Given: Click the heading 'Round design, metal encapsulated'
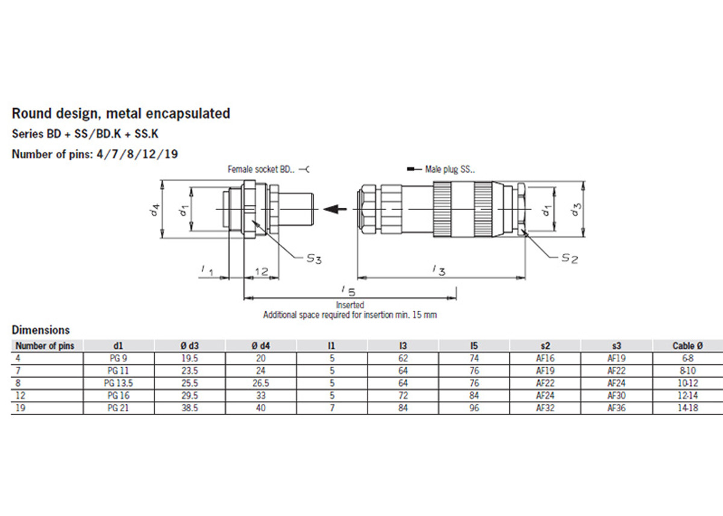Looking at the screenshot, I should [x=120, y=113].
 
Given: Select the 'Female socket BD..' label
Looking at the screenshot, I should [x=262, y=170].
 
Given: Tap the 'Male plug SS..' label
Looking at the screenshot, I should [x=450, y=170].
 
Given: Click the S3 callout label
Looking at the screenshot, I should [x=313, y=259].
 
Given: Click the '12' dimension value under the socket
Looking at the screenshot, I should [x=261, y=272].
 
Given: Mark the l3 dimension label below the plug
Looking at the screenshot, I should [x=439, y=271].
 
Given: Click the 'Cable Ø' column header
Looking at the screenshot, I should [x=687, y=346].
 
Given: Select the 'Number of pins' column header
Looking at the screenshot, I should [x=45, y=346].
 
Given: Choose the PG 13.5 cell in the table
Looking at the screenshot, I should [x=118, y=383].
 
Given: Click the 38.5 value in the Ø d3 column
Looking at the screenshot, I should [x=189, y=408].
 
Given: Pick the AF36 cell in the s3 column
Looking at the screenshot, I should [x=616, y=408].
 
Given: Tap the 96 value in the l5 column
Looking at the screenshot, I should [x=474, y=408].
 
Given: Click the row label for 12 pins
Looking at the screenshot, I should [x=19, y=396].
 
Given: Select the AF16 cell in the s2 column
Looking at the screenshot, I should [x=545, y=357].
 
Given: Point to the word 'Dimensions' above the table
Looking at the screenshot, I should [x=40, y=330].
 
